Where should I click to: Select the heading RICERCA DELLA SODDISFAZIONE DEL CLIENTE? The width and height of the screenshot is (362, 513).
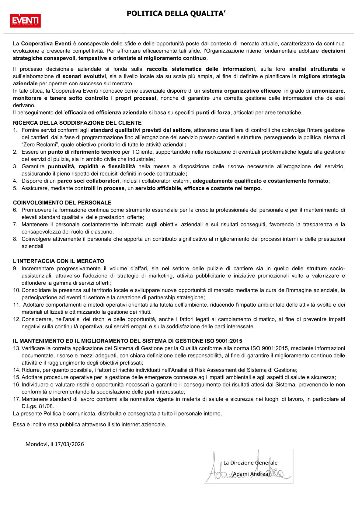(77, 123)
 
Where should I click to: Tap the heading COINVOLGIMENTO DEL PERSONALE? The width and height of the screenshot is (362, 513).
(62, 203)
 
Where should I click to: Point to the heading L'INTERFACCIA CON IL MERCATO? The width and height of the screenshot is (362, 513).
(58, 261)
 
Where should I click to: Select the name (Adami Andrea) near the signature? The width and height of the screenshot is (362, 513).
(250, 474)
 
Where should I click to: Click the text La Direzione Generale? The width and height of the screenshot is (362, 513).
(250, 463)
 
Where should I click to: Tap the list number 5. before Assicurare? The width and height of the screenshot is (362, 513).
(15, 188)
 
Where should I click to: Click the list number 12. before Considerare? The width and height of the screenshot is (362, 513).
(16, 319)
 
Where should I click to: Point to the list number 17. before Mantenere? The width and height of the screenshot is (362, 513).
(16, 399)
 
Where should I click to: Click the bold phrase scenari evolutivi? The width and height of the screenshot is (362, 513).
(84, 76)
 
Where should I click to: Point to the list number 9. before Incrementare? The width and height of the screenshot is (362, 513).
(15, 269)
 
